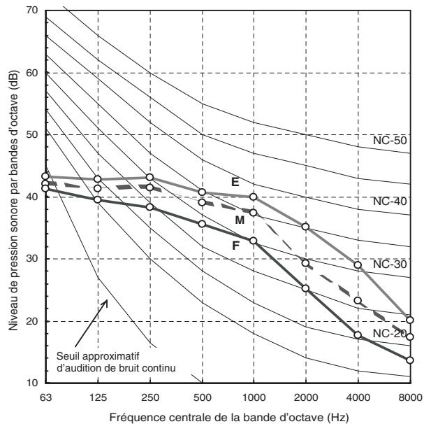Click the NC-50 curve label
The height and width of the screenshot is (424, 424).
coord(390,141)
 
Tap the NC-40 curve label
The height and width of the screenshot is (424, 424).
coord(390,202)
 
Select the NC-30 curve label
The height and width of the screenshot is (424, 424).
coord(390,264)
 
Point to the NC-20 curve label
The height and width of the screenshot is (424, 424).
coord(390,334)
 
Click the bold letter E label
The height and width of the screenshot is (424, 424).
coord(235,182)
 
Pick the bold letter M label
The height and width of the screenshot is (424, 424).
coord(240,220)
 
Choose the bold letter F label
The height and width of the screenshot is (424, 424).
coord(236,246)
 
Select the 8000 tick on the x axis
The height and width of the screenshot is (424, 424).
coord(411,397)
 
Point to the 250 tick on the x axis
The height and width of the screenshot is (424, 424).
coord(150,397)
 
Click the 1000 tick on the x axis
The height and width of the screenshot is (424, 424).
coord(254,397)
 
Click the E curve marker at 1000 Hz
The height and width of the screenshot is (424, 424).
coord(253,197)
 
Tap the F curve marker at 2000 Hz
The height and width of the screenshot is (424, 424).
coord(305,288)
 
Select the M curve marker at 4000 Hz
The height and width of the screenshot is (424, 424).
coord(358,300)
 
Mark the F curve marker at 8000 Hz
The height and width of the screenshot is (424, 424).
coord(410,360)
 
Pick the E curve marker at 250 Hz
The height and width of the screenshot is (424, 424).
coord(149,177)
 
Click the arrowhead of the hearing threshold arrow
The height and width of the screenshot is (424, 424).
coord(105,302)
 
